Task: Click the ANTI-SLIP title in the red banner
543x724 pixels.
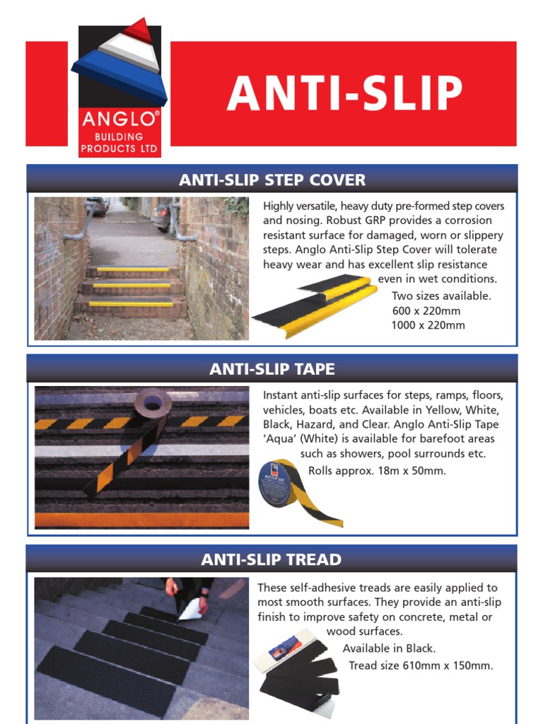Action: (344, 94)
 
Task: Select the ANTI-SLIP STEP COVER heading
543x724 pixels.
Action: (272, 180)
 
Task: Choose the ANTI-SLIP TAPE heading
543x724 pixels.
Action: (272, 369)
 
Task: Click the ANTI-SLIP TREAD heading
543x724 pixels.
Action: (271, 560)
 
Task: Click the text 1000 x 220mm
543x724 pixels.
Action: (428, 325)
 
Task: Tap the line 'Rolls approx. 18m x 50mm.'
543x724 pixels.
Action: (377, 470)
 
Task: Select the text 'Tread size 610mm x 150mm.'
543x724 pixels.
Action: (421, 665)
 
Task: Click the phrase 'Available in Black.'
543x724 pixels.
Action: (389, 648)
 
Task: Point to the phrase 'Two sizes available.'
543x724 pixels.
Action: (441, 296)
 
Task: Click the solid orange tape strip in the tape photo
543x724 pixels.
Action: (141, 520)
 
